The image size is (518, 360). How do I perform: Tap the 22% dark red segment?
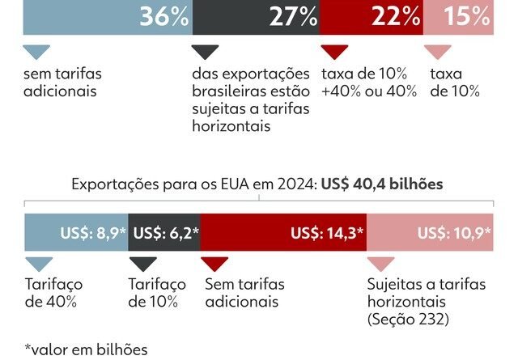pos(372,16)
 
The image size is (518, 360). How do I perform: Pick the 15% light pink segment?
pos(457,16)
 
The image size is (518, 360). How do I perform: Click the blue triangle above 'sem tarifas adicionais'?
pos(36,53)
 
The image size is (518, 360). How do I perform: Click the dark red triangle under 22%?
pos(335,53)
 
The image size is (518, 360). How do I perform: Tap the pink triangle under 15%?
pos(438,53)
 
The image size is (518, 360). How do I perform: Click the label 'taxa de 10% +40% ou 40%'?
pos(369,82)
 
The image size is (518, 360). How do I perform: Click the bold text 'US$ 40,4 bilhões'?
pos(382,184)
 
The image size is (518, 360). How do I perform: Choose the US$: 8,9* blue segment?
pos(76,234)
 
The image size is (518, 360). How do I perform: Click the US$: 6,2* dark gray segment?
pos(165,234)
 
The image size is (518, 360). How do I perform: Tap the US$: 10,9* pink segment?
pos(429,234)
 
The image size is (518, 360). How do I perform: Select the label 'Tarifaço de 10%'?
pos(157,294)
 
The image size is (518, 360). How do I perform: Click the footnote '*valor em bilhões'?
pos(86,349)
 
